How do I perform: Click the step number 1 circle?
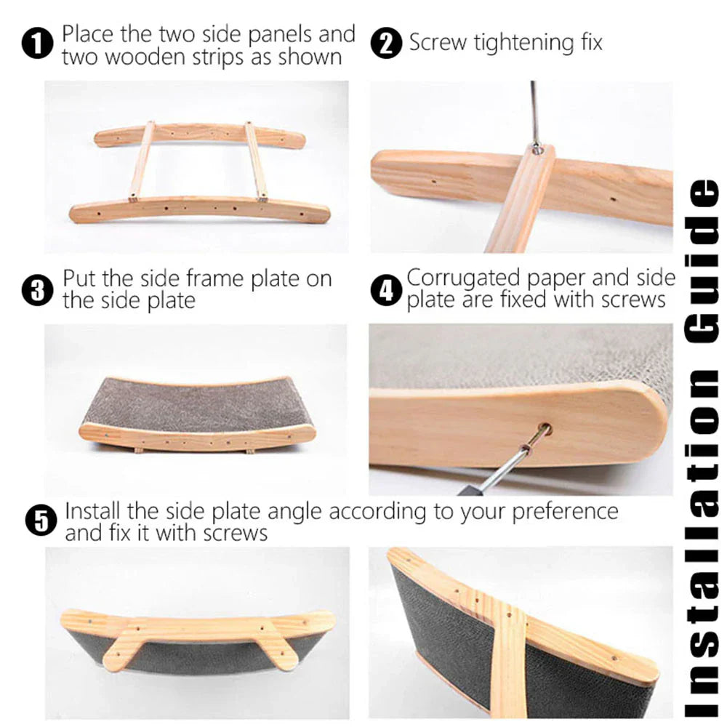tap(39, 45)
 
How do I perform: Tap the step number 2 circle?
tap(386, 44)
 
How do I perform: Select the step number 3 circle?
tap(39, 291)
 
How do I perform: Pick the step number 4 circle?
tap(386, 291)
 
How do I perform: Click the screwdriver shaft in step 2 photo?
tap(534, 109)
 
